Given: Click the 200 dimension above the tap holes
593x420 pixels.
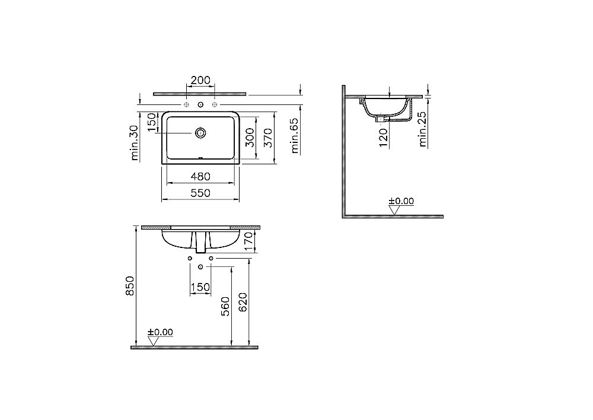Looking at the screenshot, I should tap(200, 80).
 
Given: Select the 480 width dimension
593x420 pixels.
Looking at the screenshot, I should tap(202, 176).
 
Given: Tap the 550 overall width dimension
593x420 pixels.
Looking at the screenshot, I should tap(202, 193).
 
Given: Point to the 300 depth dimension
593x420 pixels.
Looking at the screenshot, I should tap(250, 138).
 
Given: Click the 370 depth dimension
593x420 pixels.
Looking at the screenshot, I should tap(268, 138).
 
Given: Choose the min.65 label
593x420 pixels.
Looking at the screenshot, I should tap(295, 137).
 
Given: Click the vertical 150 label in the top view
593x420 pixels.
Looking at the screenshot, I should tap(152, 123).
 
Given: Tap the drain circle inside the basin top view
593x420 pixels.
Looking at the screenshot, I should tap(200, 133).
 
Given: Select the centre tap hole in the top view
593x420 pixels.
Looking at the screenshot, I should tap(200, 105).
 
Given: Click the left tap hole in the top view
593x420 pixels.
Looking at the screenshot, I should tap(186, 105).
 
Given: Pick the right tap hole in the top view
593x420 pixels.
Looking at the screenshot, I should tap(215, 105).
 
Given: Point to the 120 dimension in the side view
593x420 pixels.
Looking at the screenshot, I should tap(383, 136).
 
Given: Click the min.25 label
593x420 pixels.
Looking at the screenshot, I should tap(423, 131).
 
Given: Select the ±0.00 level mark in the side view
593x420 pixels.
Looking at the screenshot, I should tap(401, 202).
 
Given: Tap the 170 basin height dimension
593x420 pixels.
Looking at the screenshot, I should tap(249, 240).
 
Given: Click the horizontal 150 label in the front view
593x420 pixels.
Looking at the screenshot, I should tap(200, 287).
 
